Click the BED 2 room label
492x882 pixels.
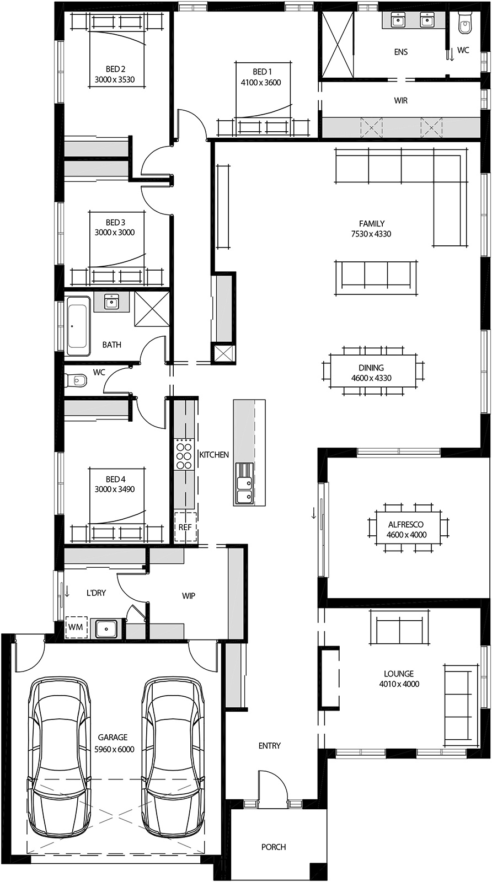(x=115, y=69)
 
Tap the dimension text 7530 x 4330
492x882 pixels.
(x=371, y=234)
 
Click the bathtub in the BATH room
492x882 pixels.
(x=78, y=326)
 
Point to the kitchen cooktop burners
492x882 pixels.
(x=184, y=454)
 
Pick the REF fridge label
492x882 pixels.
(x=185, y=528)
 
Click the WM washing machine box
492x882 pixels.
(x=76, y=627)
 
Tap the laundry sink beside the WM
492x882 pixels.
(x=106, y=628)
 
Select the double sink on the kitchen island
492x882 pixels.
(x=243, y=483)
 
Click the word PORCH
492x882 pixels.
(x=274, y=847)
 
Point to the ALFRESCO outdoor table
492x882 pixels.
(x=407, y=529)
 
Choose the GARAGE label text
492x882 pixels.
(x=113, y=737)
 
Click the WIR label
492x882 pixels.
(x=401, y=101)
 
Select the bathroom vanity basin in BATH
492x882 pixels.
(x=112, y=302)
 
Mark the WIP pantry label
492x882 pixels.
(x=189, y=596)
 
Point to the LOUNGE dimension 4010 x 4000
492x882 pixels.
(x=399, y=684)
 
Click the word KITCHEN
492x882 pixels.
(x=214, y=455)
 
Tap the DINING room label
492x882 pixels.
(x=371, y=368)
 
